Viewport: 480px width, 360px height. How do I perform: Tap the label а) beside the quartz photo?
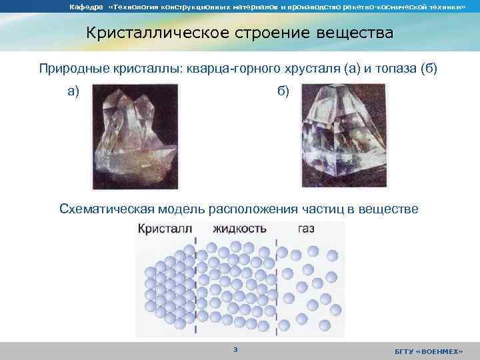click(x=73, y=91)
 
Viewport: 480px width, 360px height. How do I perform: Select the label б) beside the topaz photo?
click(x=283, y=91)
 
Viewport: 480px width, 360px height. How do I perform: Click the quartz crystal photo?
click(x=137, y=135)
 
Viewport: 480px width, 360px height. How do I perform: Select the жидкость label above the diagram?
click(x=240, y=229)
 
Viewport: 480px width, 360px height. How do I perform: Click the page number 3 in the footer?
click(x=235, y=350)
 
